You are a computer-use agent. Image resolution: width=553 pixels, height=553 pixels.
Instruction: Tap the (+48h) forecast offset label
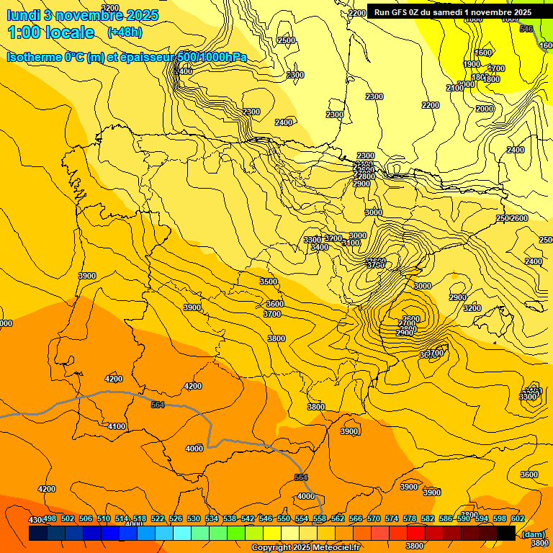tap(125, 32)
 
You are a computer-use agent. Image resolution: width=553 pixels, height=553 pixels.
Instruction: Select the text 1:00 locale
tap(50, 33)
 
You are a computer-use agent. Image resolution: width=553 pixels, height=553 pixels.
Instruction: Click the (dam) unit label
tap(533, 534)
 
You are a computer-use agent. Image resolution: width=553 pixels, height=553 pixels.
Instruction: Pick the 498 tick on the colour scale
tap(50, 519)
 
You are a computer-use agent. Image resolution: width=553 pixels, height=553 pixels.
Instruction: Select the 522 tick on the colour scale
tap(158, 519)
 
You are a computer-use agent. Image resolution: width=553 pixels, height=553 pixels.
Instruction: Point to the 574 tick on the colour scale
tap(392, 519)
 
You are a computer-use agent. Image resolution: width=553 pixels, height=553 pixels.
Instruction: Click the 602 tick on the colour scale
tap(518, 519)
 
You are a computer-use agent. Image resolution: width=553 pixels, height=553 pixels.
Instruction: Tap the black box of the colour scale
tap(506, 533)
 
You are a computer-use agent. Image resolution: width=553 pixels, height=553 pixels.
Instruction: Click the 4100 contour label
tap(117, 427)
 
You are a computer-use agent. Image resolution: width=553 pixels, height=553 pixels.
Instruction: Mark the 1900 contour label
tap(472, 65)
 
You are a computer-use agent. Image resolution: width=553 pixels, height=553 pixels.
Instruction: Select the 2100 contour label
tap(454, 88)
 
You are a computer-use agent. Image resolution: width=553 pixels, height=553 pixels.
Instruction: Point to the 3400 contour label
tap(320, 248)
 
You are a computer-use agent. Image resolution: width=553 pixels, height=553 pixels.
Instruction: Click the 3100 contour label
tap(351, 243)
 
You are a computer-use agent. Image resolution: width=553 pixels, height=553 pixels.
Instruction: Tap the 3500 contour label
tap(269, 282)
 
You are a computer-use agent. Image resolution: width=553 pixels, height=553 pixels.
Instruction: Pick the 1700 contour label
tap(496, 69)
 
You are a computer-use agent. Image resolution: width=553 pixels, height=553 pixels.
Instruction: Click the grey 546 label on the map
tap(526, 29)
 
